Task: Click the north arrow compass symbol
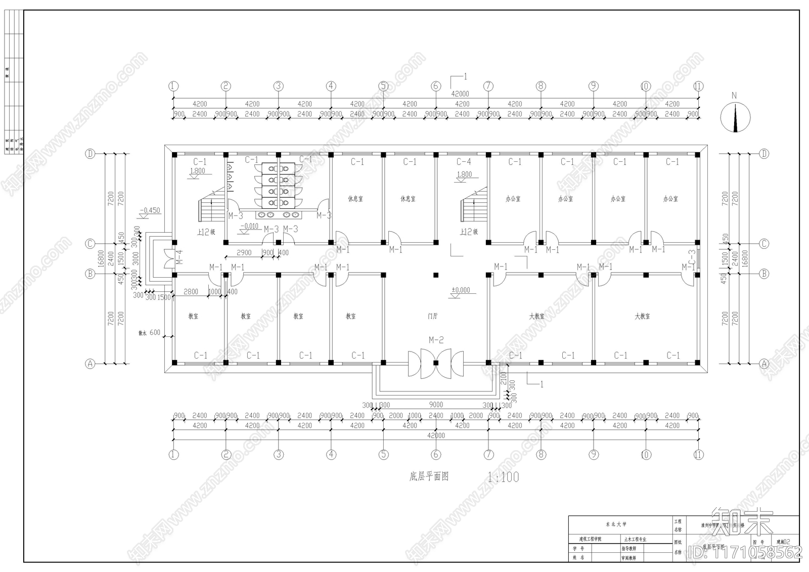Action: point(735,117)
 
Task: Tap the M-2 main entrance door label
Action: point(436,340)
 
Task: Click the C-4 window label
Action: point(464,162)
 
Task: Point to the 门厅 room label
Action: point(432,316)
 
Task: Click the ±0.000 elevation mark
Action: point(461,290)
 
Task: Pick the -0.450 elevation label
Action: point(150,210)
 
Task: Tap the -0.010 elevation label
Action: point(250,226)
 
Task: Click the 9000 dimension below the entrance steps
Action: point(436,405)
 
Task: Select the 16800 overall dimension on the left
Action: point(101,258)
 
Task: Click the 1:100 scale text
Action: point(503,477)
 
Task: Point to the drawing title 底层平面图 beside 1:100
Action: point(429,476)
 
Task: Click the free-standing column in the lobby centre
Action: point(436,275)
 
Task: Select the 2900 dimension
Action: point(244,252)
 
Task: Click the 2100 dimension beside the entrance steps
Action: point(504,378)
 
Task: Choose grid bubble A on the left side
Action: point(90,364)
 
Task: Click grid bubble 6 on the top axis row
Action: point(436,86)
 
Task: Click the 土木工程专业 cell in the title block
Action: point(635,540)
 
